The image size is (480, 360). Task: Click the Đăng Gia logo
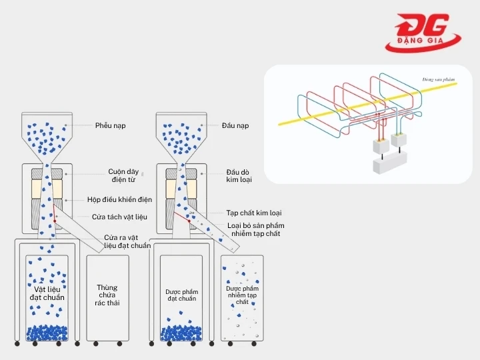click(424, 33)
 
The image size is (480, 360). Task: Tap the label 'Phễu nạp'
click(110, 125)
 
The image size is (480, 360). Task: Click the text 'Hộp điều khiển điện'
click(119, 199)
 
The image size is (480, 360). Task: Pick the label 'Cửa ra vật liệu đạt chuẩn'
click(127, 241)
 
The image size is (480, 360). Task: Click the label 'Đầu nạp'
click(235, 125)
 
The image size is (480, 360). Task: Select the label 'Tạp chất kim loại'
click(253, 213)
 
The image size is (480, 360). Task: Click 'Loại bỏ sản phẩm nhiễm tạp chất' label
click(253, 229)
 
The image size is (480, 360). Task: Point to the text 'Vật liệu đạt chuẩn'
click(46, 293)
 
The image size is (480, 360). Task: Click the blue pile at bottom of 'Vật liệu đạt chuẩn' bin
click(46, 332)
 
